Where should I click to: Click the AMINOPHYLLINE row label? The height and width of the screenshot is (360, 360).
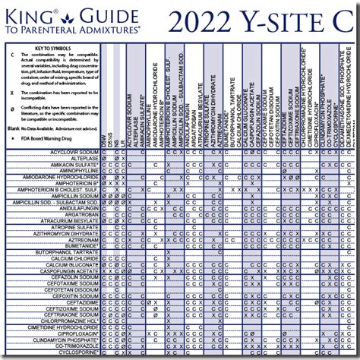pos(77,170)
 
